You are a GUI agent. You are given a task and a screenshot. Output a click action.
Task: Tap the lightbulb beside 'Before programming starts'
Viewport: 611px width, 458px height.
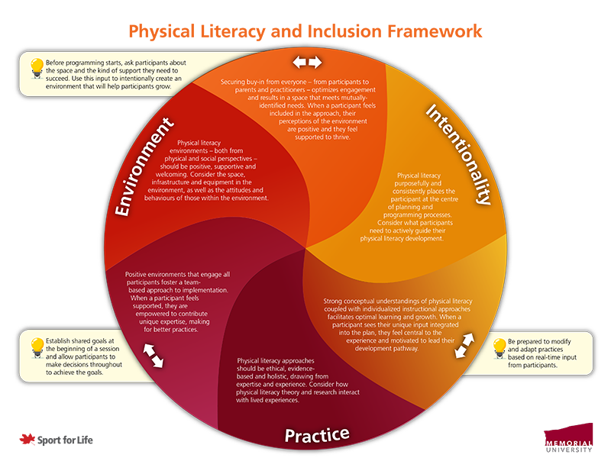pyautogui.click(x=36, y=67)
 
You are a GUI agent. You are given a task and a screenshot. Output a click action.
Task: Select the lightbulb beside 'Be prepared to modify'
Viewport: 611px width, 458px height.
pyautogui.click(x=500, y=348)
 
